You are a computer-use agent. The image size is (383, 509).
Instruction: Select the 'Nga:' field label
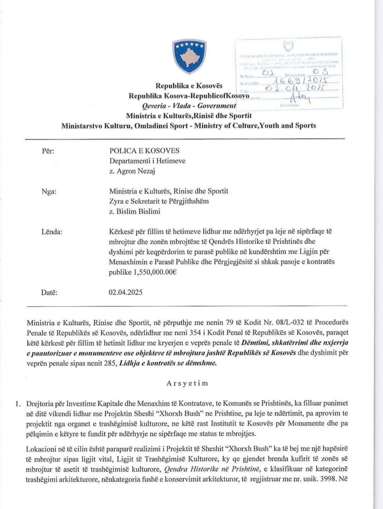coord(49,191)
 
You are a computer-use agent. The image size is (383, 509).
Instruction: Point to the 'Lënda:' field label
coord(52,232)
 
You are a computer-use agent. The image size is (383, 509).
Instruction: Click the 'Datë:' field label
coord(49,292)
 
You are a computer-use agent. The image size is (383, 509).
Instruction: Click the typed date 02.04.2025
coord(125,292)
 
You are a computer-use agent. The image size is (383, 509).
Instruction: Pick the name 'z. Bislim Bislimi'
coord(135,211)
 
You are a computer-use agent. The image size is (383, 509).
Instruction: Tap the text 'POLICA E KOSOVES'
coord(144,151)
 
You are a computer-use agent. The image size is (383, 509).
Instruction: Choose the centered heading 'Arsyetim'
coord(187,383)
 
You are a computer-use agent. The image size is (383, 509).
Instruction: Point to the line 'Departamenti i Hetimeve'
coord(147,161)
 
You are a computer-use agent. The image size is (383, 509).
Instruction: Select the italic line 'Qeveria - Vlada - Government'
coord(189,106)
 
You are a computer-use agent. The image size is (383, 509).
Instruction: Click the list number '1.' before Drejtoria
coord(18,403)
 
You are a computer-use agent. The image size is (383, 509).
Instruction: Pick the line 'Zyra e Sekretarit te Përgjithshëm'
coord(159,201)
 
